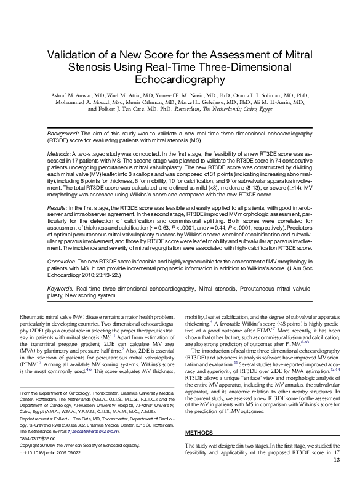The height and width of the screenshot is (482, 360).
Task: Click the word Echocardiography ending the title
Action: (x=180, y=79)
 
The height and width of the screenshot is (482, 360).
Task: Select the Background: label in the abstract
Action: (x=66, y=133)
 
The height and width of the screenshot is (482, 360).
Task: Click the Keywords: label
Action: (x=63, y=288)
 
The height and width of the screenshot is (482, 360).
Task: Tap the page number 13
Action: (x=336, y=476)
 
